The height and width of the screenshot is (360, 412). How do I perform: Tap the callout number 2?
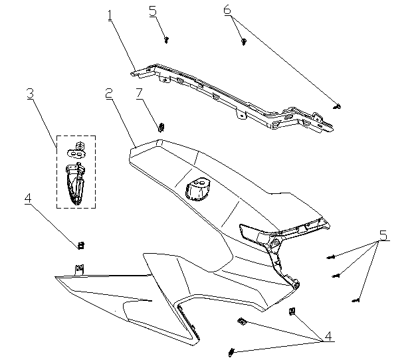[108, 94]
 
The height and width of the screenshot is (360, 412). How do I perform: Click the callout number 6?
[227, 10]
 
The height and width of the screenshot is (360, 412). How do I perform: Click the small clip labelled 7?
[160, 126]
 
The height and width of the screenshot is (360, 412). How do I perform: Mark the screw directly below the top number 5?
[166, 40]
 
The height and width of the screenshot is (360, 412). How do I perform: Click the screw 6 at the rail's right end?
[338, 106]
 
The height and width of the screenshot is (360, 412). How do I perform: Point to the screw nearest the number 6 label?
[244, 42]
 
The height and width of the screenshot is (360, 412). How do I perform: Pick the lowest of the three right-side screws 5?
[357, 301]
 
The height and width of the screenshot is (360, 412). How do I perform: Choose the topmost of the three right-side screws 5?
[329, 256]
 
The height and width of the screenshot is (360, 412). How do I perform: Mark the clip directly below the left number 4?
[81, 245]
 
